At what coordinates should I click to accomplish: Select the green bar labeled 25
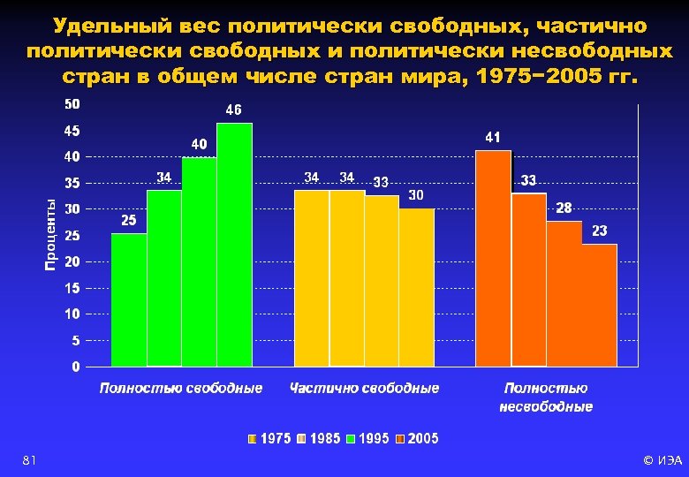(129, 299)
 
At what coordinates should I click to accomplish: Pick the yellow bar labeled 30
(417, 287)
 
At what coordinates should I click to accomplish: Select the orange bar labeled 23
(599, 305)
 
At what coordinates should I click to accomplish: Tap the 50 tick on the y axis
(72, 104)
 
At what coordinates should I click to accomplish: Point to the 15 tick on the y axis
(72, 288)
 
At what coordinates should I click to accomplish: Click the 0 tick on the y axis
(76, 366)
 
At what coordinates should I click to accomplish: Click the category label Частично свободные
(364, 388)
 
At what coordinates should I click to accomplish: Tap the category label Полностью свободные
(181, 388)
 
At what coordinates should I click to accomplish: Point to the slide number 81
(29, 460)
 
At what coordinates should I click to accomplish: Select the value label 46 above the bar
(234, 111)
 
